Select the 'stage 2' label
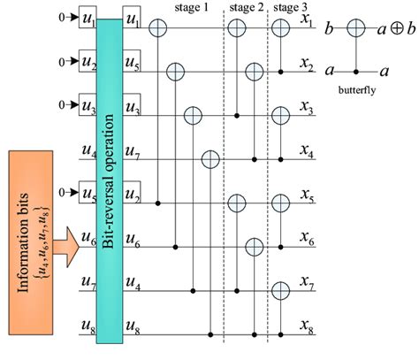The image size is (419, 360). pyautogui.click(x=246, y=7)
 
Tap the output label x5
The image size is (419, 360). pyautogui.click(x=308, y=203)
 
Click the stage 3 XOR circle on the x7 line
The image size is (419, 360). pyautogui.click(x=280, y=289)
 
